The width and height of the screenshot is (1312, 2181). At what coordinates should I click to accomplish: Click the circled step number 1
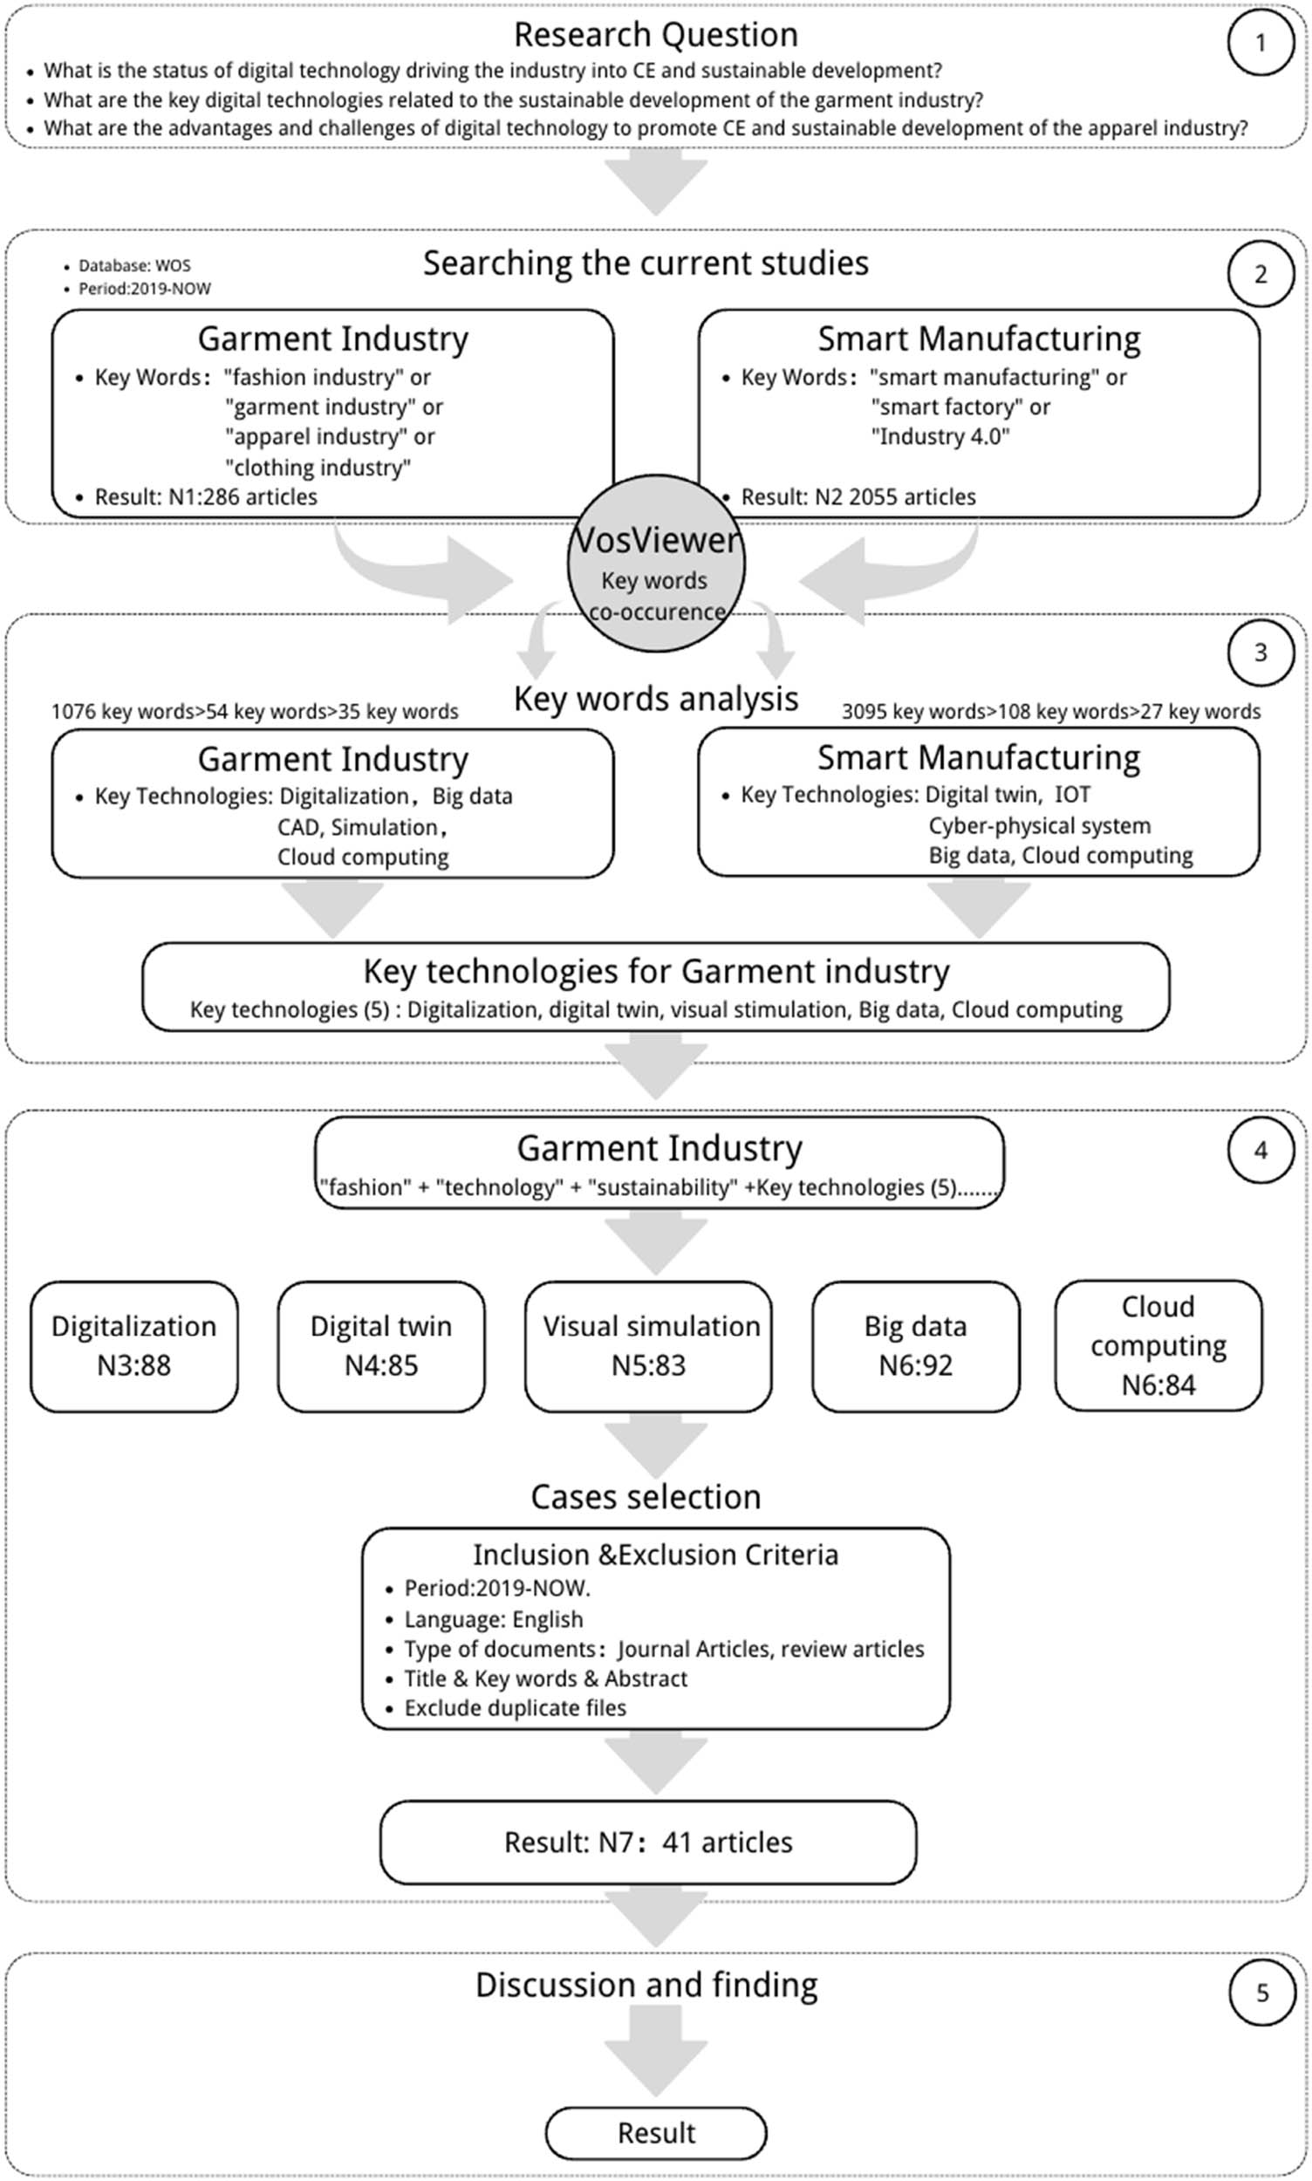tap(1260, 43)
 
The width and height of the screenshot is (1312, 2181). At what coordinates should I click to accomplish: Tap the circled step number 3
tap(1260, 653)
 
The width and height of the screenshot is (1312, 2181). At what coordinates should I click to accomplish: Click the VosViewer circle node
tap(656, 564)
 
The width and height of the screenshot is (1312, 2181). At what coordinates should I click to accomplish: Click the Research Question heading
tap(656, 35)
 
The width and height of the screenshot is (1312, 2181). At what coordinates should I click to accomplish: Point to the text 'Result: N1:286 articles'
tap(205, 497)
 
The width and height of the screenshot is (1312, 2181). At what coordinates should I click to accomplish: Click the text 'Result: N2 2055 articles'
tap(858, 497)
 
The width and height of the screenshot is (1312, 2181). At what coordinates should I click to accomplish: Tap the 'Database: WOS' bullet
tap(133, 265)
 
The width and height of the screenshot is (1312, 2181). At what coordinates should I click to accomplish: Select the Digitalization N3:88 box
tap(133, 1345)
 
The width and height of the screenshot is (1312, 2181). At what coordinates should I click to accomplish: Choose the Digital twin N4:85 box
tap(381, 1345)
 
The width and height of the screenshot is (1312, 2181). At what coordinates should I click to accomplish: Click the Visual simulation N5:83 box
tap(649, 1345)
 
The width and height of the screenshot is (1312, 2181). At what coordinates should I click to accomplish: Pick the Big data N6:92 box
tap(915, 1345)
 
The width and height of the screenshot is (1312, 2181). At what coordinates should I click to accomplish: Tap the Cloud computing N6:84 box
tap(1158, 1344)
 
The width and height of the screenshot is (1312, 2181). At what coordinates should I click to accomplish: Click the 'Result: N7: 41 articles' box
tap(648, 1843)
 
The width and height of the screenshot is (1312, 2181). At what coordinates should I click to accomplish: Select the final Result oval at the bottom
tap(656, 2133)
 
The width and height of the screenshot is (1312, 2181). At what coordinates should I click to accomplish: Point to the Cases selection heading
tap(646, 1497)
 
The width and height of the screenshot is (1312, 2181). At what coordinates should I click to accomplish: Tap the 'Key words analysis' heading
tap(656, 699)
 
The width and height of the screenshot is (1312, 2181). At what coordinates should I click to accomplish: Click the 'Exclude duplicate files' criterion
tap(515, 1707)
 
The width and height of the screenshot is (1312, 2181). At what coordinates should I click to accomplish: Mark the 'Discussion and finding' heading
tap(646, 1985)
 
